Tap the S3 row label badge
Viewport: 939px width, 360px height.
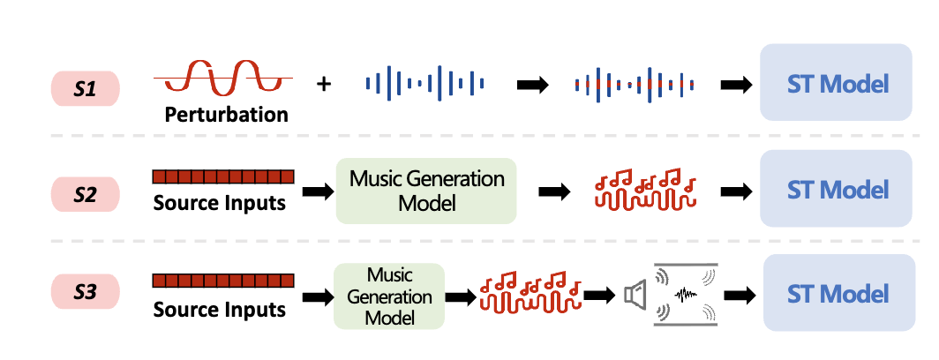click(85, 293)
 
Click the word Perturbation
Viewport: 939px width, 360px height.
click(226, 115)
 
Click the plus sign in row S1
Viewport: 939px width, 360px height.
click(324, 85)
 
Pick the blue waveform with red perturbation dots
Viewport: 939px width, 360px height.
click(634, 84)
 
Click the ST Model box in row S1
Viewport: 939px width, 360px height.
click(836, 84)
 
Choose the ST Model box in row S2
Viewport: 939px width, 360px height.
click(836, 191)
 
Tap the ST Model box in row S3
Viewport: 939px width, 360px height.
click(838, 293)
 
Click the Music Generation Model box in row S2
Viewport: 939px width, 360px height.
click(427, 191)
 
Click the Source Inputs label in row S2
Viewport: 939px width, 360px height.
click(220, 203)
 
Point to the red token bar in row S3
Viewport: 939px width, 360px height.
click(222, 281)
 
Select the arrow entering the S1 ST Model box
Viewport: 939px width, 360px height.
click(736, 85)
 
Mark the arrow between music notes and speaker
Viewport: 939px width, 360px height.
click(600, 295)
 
